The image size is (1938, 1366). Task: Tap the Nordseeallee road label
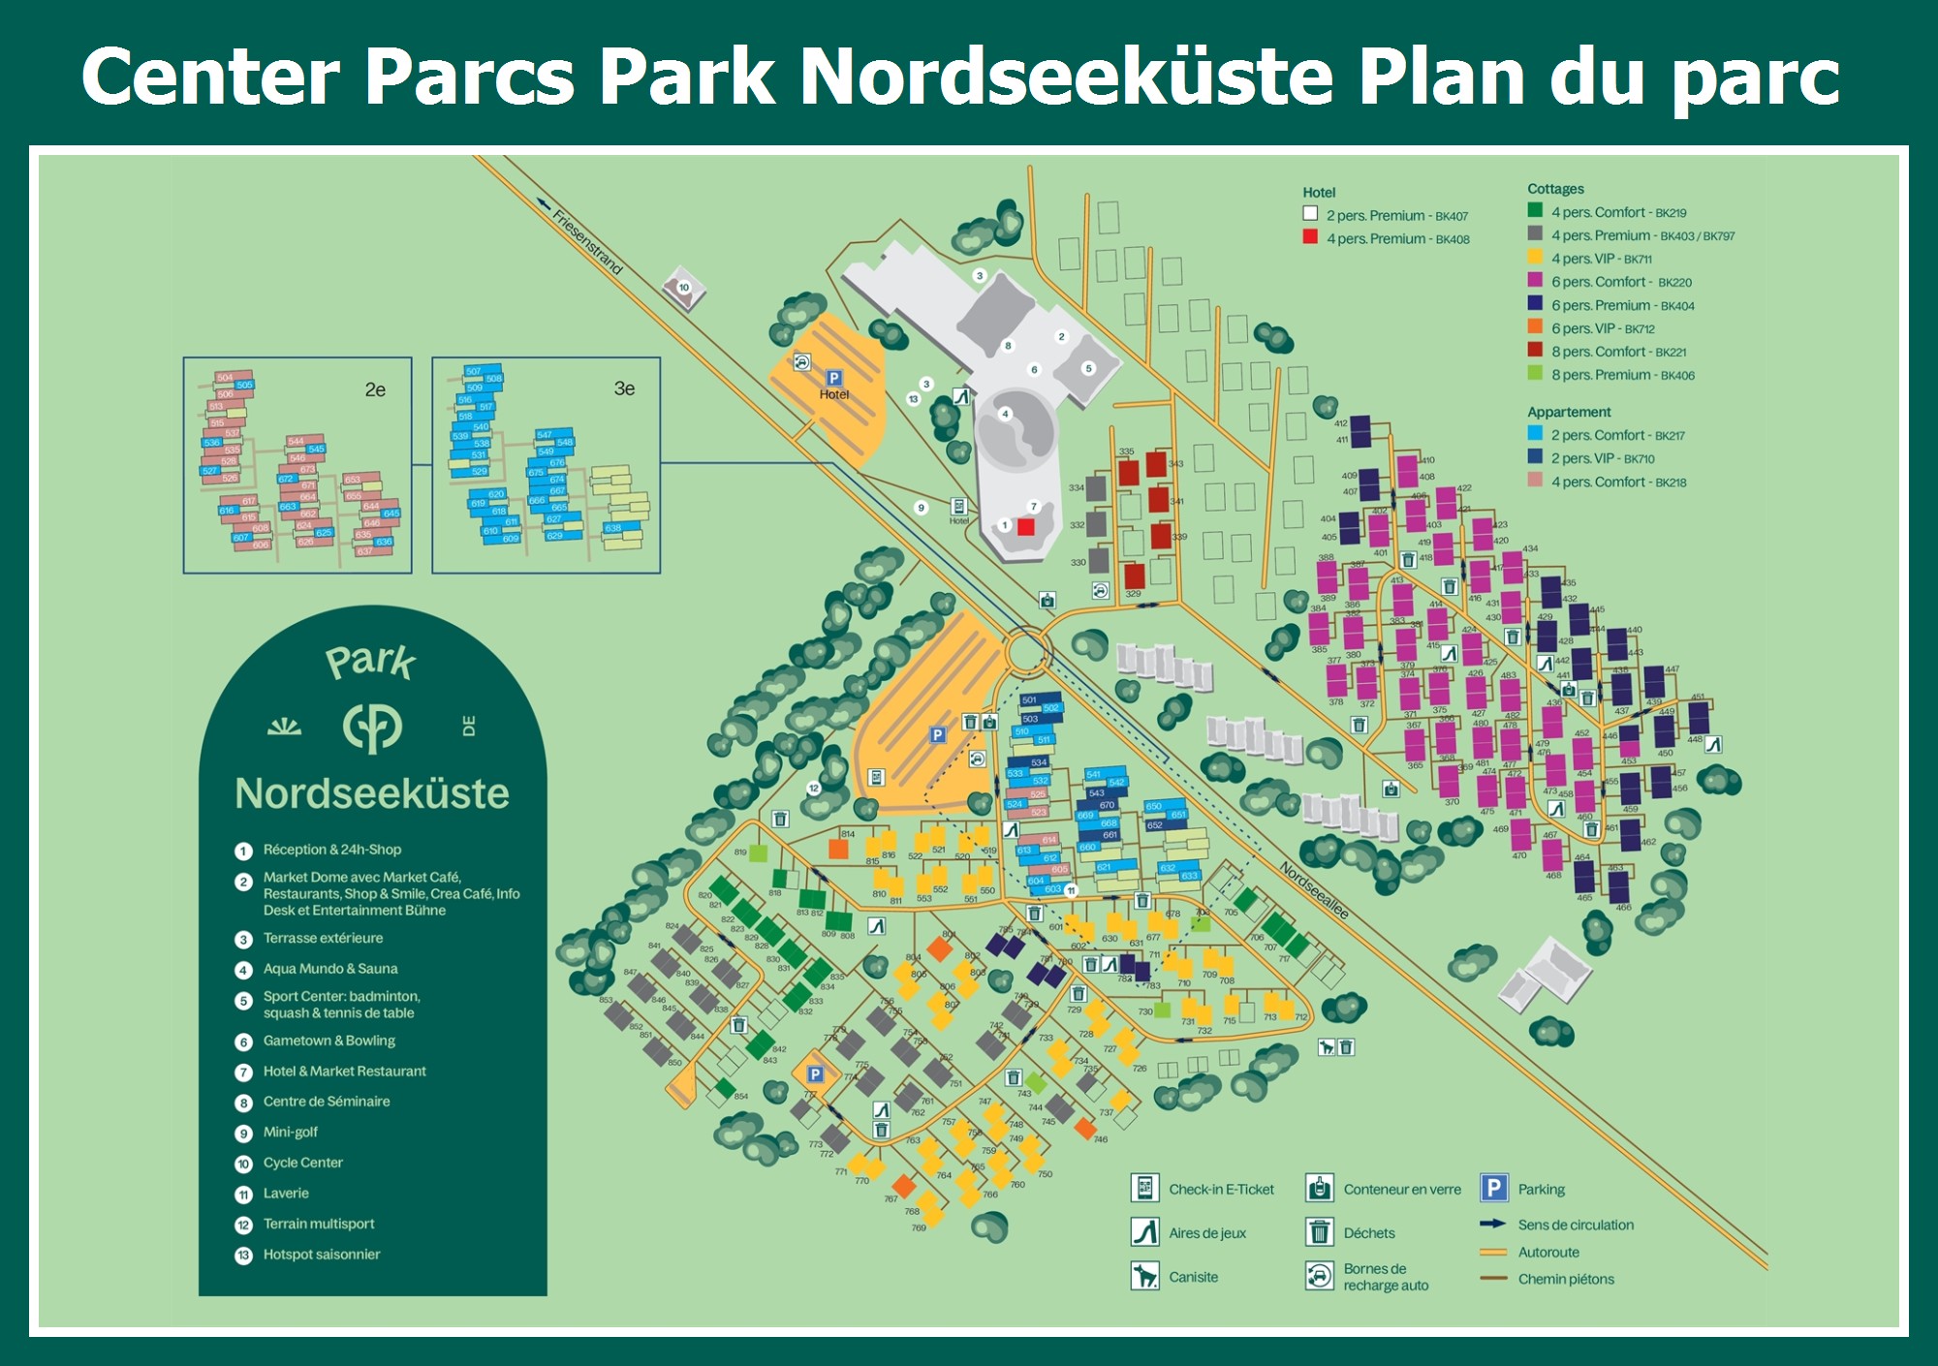pos(1314,890)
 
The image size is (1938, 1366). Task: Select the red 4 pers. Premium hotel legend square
pos(1310,237)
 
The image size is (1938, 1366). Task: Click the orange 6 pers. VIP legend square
pos(1535,327)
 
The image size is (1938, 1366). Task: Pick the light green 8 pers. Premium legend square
pos(1535,374)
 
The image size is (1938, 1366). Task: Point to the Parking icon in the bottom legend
pos(1494,1188)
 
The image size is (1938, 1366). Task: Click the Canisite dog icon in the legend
pos(1145,1276)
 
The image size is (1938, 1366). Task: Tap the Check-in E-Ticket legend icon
pos(1145,1188)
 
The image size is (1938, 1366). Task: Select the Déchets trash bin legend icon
pos(1319,1232)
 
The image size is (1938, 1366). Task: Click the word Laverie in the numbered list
pos(286,1194)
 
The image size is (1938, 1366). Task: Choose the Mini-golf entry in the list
pos(291,1132)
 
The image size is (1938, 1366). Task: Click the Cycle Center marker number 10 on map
pos(684,288)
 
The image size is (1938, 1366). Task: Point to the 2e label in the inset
pos(375,389)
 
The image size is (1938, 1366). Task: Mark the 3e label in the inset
pos(624,388)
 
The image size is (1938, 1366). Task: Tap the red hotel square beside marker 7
pos(1026,527)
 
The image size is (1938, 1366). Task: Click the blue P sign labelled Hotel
pos(833,379)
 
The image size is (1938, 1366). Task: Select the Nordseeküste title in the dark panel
pos(372,792)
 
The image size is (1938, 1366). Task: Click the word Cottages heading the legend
pos(1555,189)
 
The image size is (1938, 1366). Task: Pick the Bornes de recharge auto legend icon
pos(1319,1276)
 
